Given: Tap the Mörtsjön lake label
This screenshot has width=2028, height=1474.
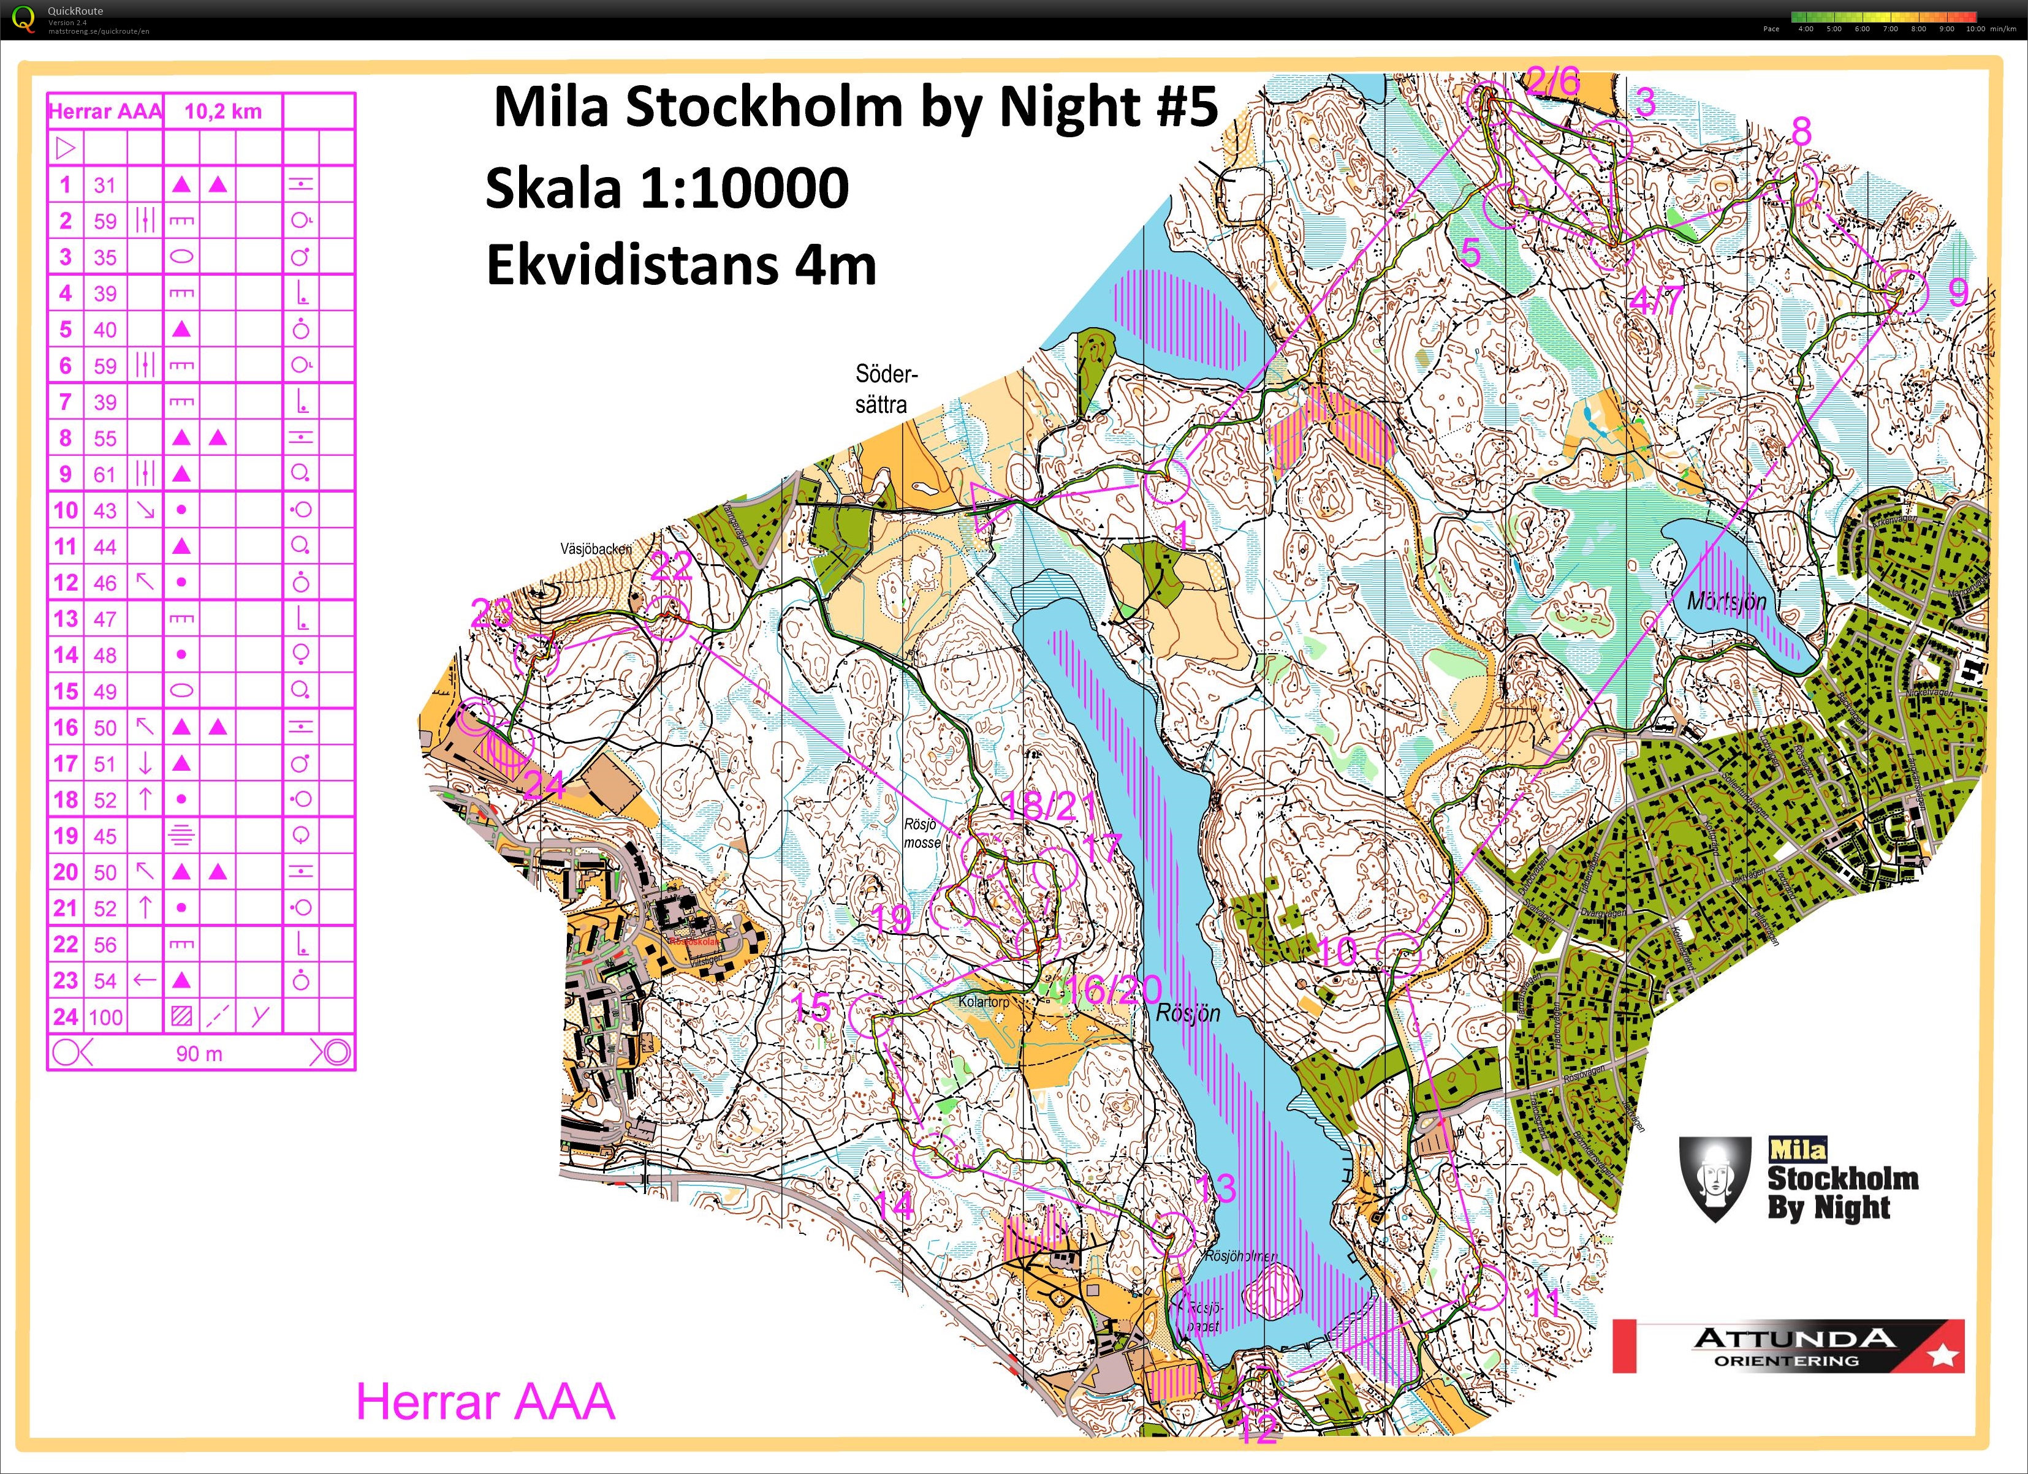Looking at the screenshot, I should (x=1726, y=600).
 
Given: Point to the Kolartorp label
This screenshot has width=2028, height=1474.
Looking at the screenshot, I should (x=984, y=1002).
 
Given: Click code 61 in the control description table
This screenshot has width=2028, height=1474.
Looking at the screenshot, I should (x=105, y=474).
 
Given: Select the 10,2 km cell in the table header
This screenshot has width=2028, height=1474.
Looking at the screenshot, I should (x=222, y=111).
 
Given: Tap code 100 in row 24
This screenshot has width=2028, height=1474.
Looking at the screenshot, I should (x=105, y=1016).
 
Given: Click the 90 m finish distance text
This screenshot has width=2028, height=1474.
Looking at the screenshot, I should (x=199, y=1054).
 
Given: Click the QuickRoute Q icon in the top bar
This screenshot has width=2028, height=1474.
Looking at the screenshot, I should (x=24, y=19).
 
